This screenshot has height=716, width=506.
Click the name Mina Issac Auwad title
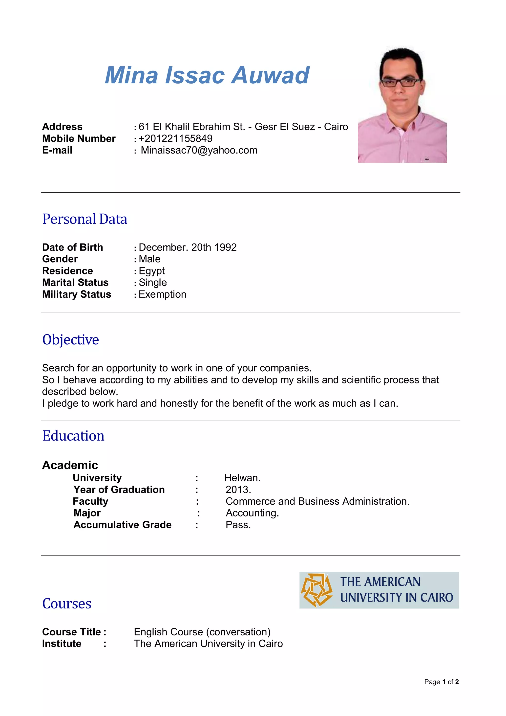[207, 75]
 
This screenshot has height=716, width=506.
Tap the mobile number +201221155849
[175, 138]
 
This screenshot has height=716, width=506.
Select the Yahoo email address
[199, 150]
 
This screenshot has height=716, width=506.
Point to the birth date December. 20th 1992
[187, 247]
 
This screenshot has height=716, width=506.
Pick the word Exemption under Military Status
[162, 294]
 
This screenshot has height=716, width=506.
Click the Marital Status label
[75, 283]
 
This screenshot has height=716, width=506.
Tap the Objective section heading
[71, 340]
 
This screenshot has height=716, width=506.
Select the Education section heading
[74, 436]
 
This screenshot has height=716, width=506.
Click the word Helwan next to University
[242, 478]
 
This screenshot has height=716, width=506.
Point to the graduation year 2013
[238, 490]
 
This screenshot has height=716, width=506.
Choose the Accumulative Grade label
[123, 525]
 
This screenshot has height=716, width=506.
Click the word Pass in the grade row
[238, 525]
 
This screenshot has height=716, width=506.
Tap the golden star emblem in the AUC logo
[316, 590]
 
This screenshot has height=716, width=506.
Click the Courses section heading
[67, 604]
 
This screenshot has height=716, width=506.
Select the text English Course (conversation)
[202, 632]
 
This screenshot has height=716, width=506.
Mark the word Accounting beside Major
[252, 513]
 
